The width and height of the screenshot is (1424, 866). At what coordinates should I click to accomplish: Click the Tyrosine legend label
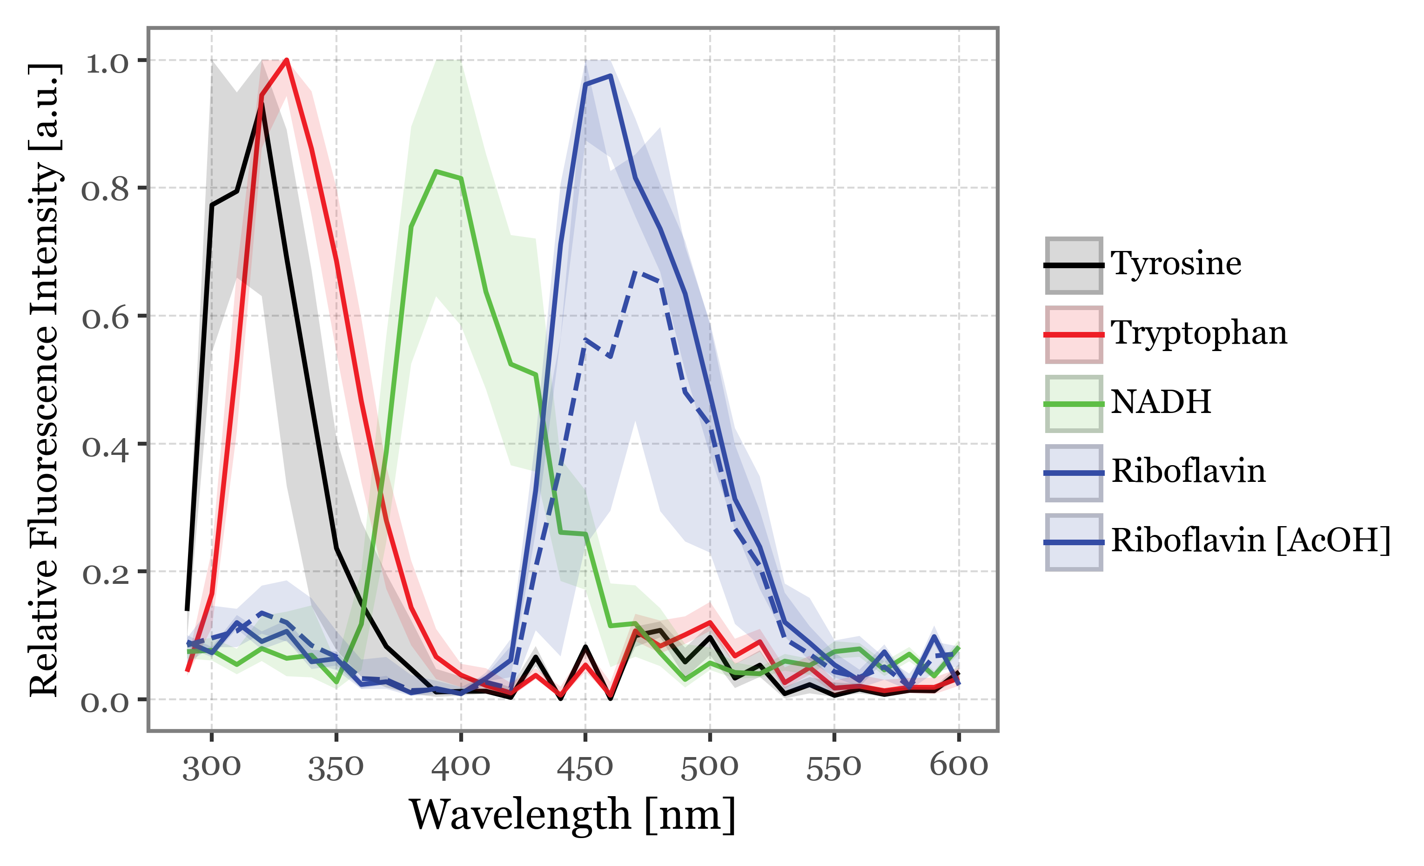tap(1175, 264)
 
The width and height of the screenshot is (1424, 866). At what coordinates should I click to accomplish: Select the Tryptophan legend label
tap(1199, 333)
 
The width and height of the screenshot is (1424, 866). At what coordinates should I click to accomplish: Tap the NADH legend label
tap(1161, 402)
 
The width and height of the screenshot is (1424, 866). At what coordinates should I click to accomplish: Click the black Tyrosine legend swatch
tap(1073, 265)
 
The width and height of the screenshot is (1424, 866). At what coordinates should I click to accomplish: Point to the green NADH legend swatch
tap(1073, 404)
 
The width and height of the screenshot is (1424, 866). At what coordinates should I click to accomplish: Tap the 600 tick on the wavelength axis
tap(959, 766)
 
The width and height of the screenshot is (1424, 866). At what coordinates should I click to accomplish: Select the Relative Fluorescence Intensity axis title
tap(44, 380)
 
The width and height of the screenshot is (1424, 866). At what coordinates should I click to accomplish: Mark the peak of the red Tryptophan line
tap(287, 60)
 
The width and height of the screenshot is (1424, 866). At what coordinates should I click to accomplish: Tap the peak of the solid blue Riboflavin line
tap(610, 76)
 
